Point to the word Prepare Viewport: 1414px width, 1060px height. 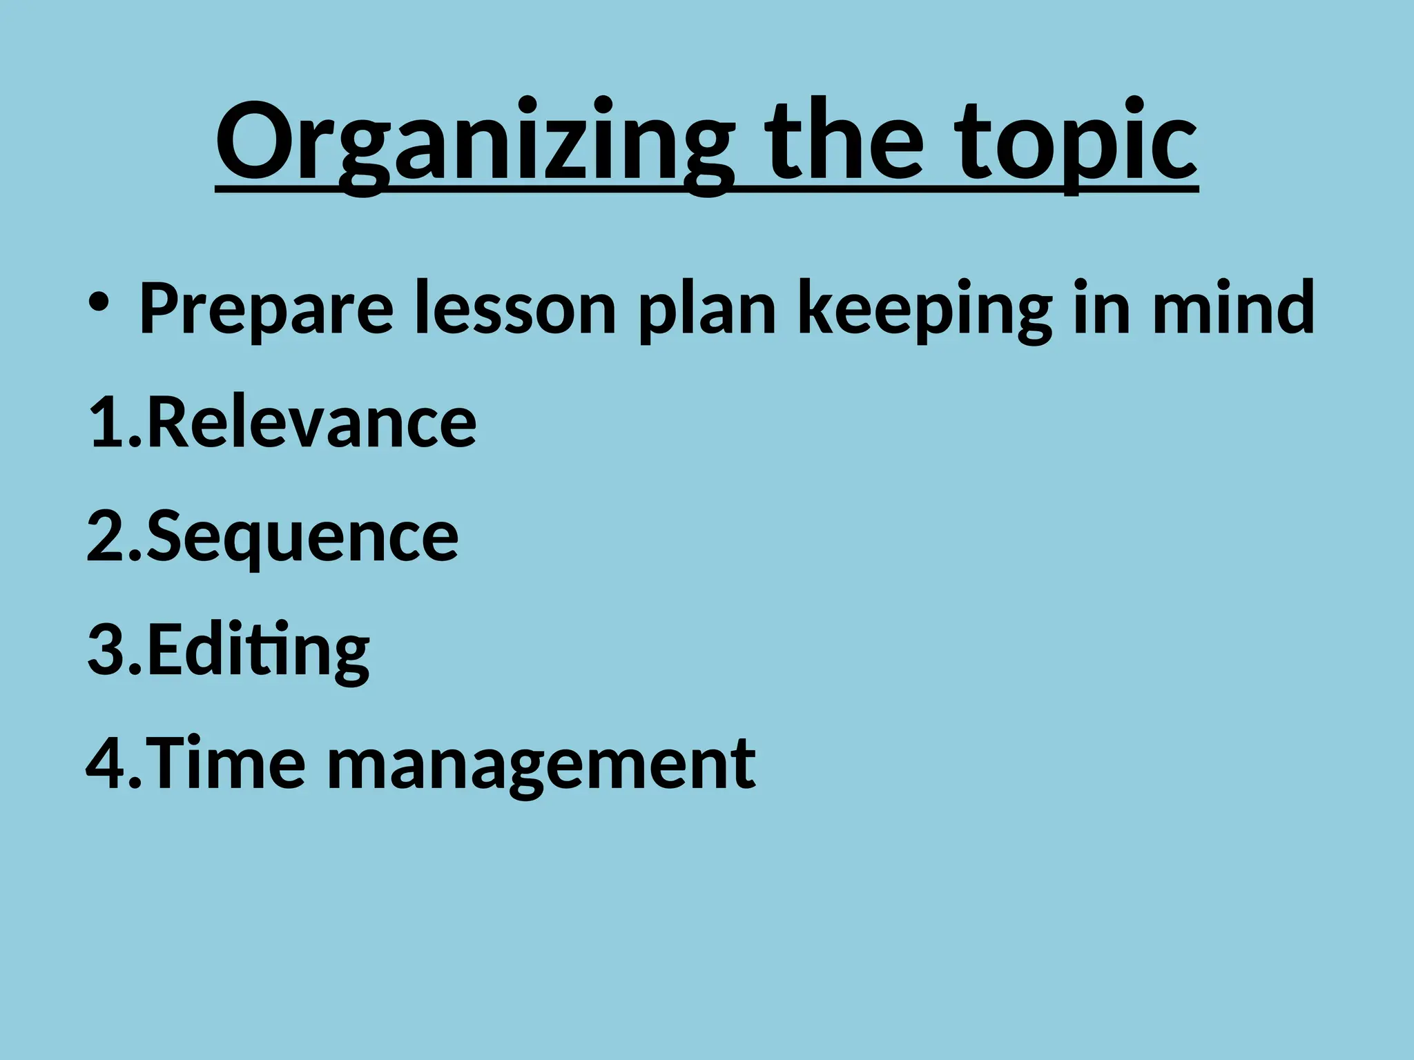tap(267, 308)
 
